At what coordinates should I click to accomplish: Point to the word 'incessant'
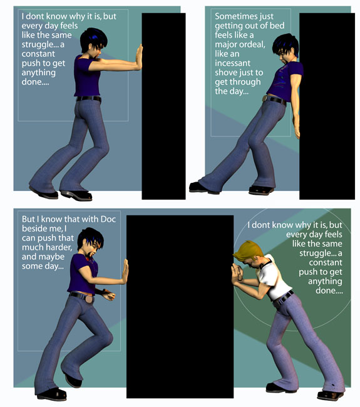[232, 63]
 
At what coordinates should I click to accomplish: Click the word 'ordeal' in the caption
[252, 44]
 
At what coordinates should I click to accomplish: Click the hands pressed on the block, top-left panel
[140, 57]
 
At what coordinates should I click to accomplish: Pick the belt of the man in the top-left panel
[89, 98]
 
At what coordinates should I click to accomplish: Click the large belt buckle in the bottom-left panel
[89, 299]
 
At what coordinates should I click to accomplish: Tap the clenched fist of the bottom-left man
[110, 295]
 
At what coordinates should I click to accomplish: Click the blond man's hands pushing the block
[237, 274]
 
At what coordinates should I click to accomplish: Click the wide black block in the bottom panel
[180, 307]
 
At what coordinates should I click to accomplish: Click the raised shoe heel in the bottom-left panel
[73, 381]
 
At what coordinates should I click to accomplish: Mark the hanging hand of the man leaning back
[297, 130]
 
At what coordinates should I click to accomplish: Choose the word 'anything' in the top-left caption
[38, 73]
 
